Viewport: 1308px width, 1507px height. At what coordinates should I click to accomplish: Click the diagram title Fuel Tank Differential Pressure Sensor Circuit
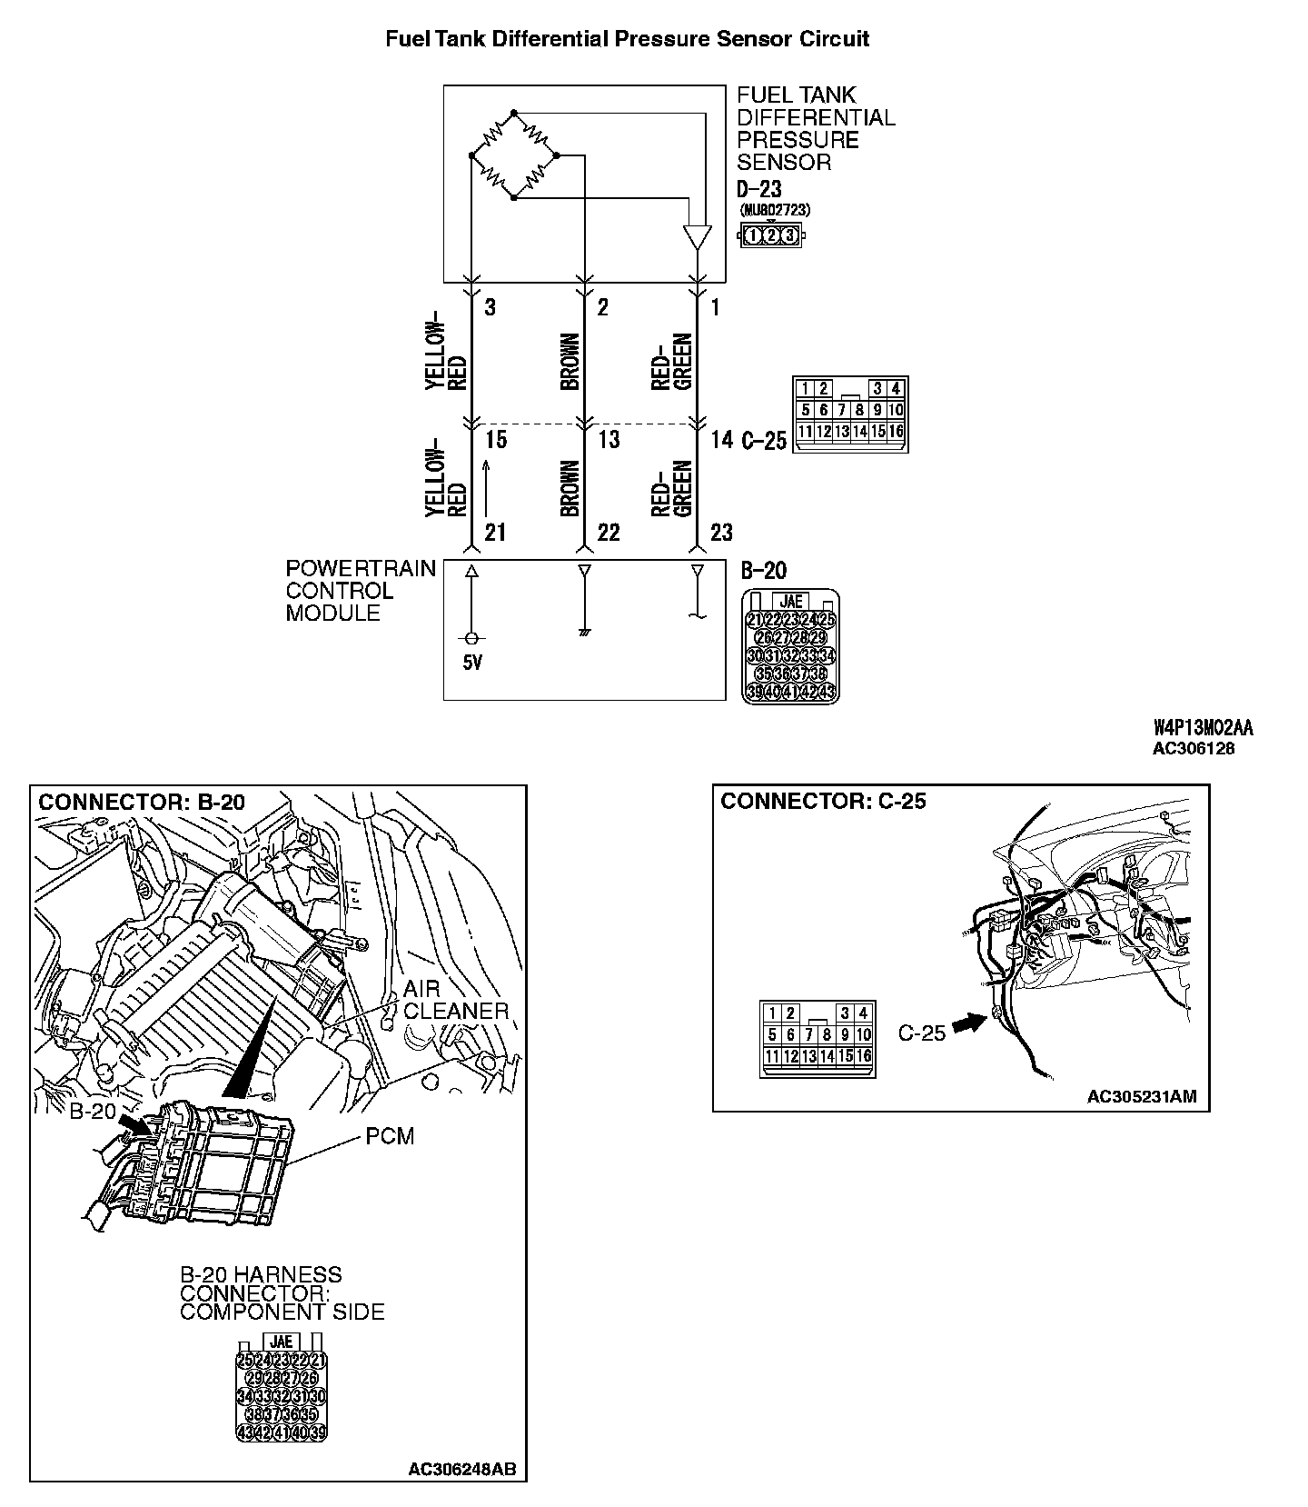627,39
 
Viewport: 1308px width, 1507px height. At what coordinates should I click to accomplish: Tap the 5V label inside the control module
472,663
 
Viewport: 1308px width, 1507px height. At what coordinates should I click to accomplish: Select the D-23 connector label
758,191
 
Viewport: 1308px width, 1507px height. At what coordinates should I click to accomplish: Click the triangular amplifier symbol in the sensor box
697,237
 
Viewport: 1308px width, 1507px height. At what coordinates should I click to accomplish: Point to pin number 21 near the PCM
495,533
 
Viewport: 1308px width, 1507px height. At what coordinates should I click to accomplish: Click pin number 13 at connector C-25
609,440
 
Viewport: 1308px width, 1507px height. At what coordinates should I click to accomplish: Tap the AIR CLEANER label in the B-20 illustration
455,1000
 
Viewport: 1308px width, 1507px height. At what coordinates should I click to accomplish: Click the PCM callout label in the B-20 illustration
390,1136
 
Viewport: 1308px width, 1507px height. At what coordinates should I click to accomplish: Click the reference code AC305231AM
1142,1097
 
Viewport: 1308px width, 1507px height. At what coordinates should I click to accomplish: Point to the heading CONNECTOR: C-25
823,802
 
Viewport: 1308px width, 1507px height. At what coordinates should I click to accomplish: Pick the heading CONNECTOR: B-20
142,803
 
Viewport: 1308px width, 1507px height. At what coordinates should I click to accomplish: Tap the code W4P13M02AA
1203,728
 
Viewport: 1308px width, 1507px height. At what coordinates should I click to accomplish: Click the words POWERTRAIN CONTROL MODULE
360,591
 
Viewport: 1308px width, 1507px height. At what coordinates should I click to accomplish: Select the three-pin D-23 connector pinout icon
771,236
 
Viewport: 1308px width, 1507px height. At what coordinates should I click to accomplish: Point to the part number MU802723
776,210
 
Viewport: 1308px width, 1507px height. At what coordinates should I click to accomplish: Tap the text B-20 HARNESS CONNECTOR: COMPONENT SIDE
282,1293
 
